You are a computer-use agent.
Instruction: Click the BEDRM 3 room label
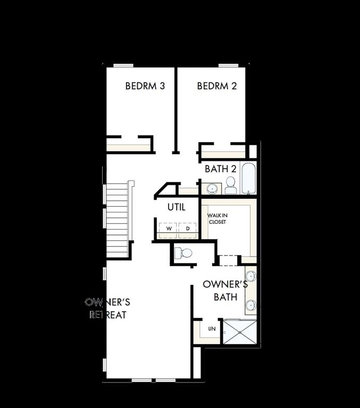[145, 86]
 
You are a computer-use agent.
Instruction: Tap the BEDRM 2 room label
[216, 86]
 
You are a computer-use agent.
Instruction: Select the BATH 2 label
[221, 169]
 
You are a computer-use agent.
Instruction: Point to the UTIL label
[177, 207]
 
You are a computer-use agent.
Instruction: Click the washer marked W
[169, 228]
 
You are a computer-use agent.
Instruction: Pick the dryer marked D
[187, 228]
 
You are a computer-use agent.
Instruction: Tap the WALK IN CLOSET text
[217, 218]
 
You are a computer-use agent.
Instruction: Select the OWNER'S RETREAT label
[108, 309]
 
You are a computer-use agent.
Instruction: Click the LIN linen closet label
[212, 329]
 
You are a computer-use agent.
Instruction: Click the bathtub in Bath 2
[249, 178]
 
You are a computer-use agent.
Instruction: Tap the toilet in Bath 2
[231, 185]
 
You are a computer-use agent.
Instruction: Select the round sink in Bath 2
[212, 188]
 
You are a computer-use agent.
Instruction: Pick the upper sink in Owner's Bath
[250, 276]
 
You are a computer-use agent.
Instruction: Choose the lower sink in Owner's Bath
[250, 305]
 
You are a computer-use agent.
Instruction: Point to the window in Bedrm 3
[123, 66]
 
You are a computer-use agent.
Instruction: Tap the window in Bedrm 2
[228, 66]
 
